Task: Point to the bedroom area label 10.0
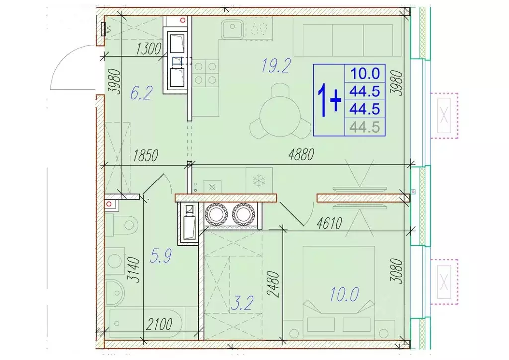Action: point(342,294)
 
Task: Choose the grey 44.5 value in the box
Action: point(365,128)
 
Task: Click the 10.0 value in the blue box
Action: point(365,74)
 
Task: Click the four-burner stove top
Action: point(205,72)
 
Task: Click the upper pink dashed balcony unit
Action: point(444,115)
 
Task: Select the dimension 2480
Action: point(273,284)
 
